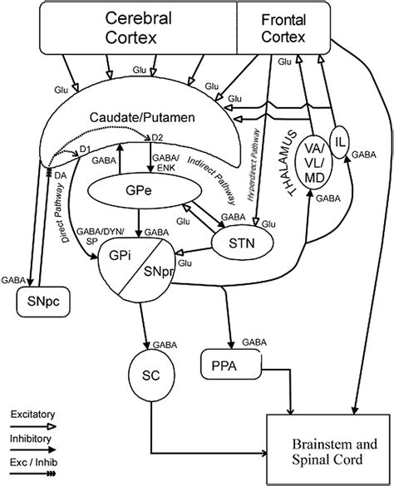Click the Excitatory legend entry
[x=31, y=412]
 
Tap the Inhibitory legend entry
[x=31, y=438]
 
